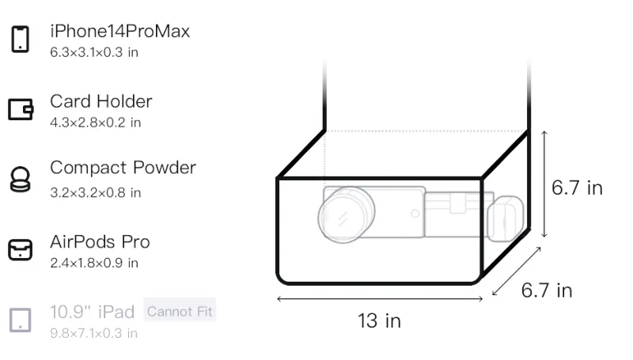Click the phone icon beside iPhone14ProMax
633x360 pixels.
click(21, 39)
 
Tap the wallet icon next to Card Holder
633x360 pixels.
click(21, 109)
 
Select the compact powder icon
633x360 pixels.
click(21, 179)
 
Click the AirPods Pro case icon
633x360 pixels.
click(21, 250)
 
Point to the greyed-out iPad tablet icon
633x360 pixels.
click(21, 320)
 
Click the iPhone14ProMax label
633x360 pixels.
click(120, 32)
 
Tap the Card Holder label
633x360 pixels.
click(101, 101)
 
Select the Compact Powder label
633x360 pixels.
click(123, 168)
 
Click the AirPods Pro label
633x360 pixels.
click(100, 242)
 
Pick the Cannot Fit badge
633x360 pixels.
click(180, 311)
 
